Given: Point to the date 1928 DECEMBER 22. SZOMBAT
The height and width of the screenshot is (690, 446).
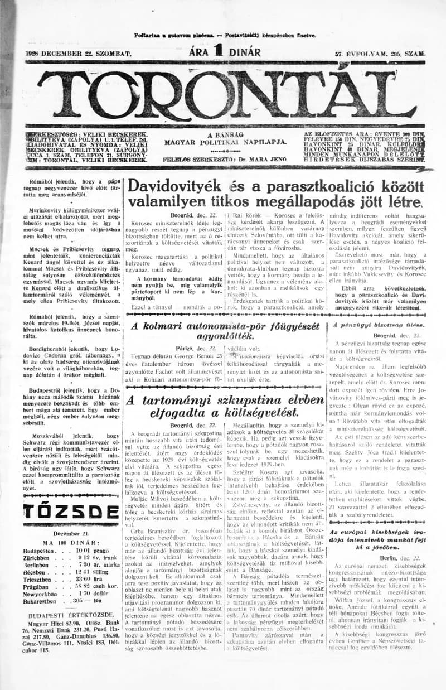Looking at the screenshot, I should pos(78,54).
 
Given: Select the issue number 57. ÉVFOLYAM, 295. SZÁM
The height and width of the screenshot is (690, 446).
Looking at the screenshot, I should pos(380,54).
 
